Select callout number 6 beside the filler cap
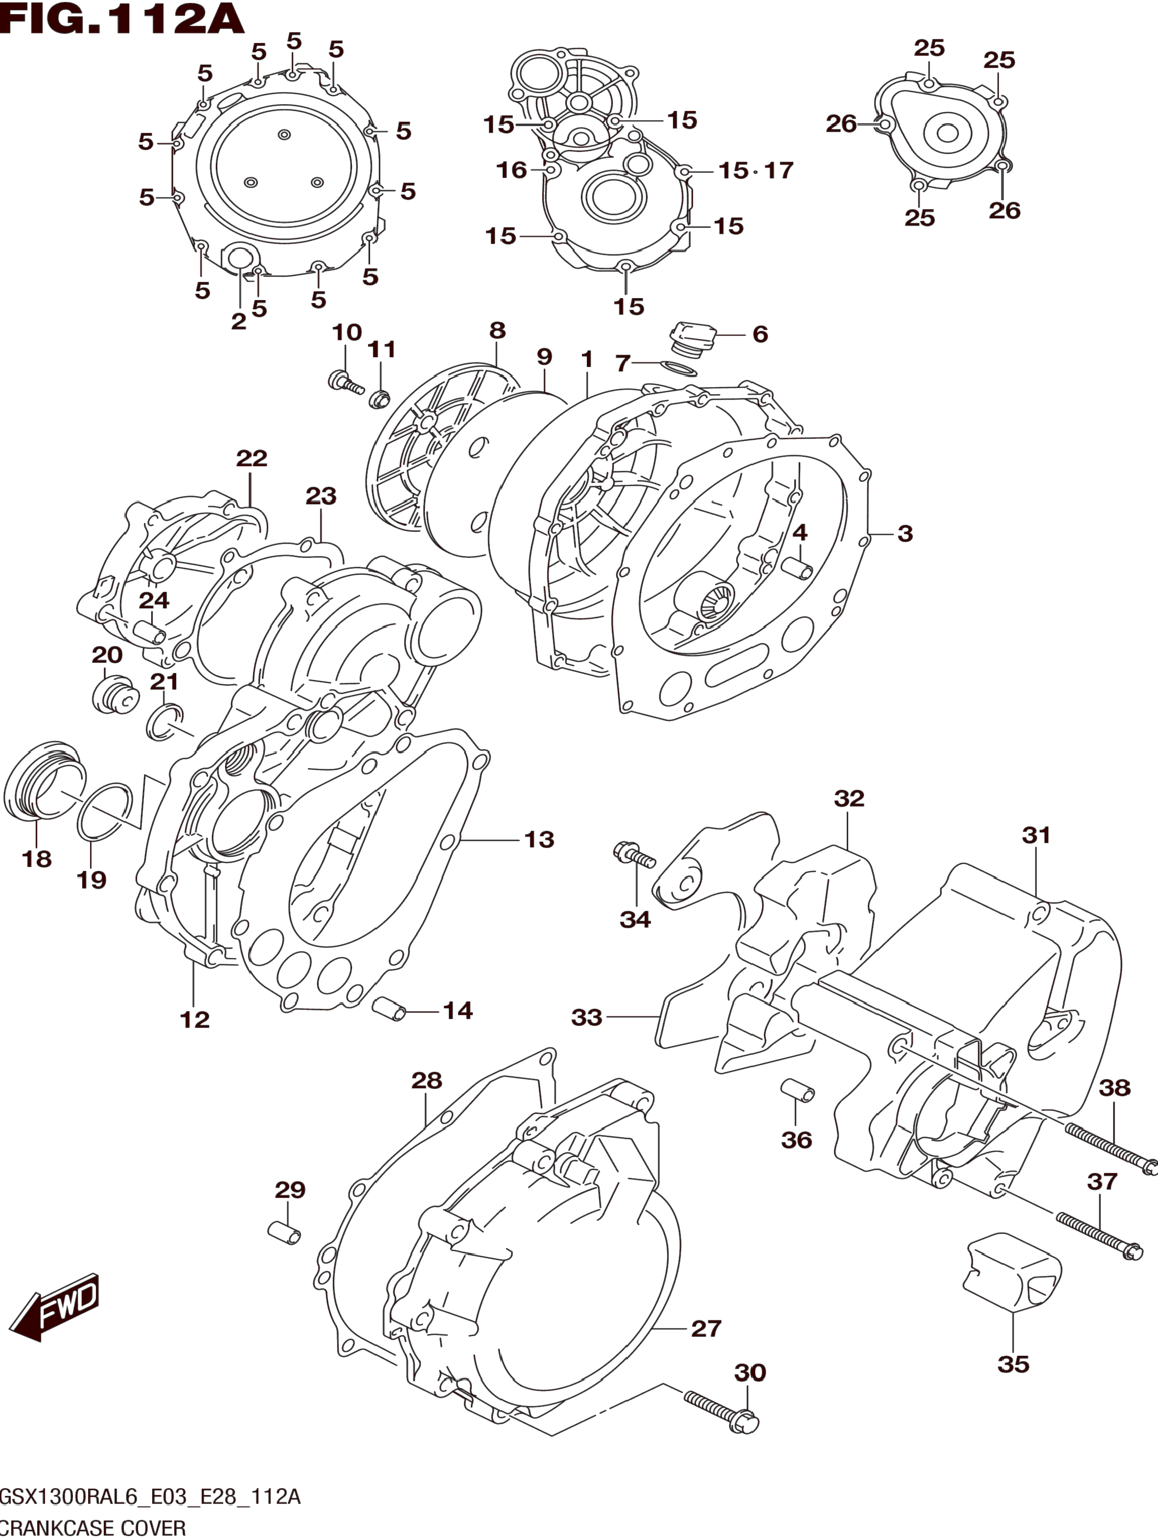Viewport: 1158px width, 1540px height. [x=760, y=334]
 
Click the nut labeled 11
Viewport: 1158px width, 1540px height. [x=381, y=400]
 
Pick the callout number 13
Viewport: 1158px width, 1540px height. [x=539, y=840]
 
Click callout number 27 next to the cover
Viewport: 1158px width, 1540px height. [x=706, y=1328]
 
